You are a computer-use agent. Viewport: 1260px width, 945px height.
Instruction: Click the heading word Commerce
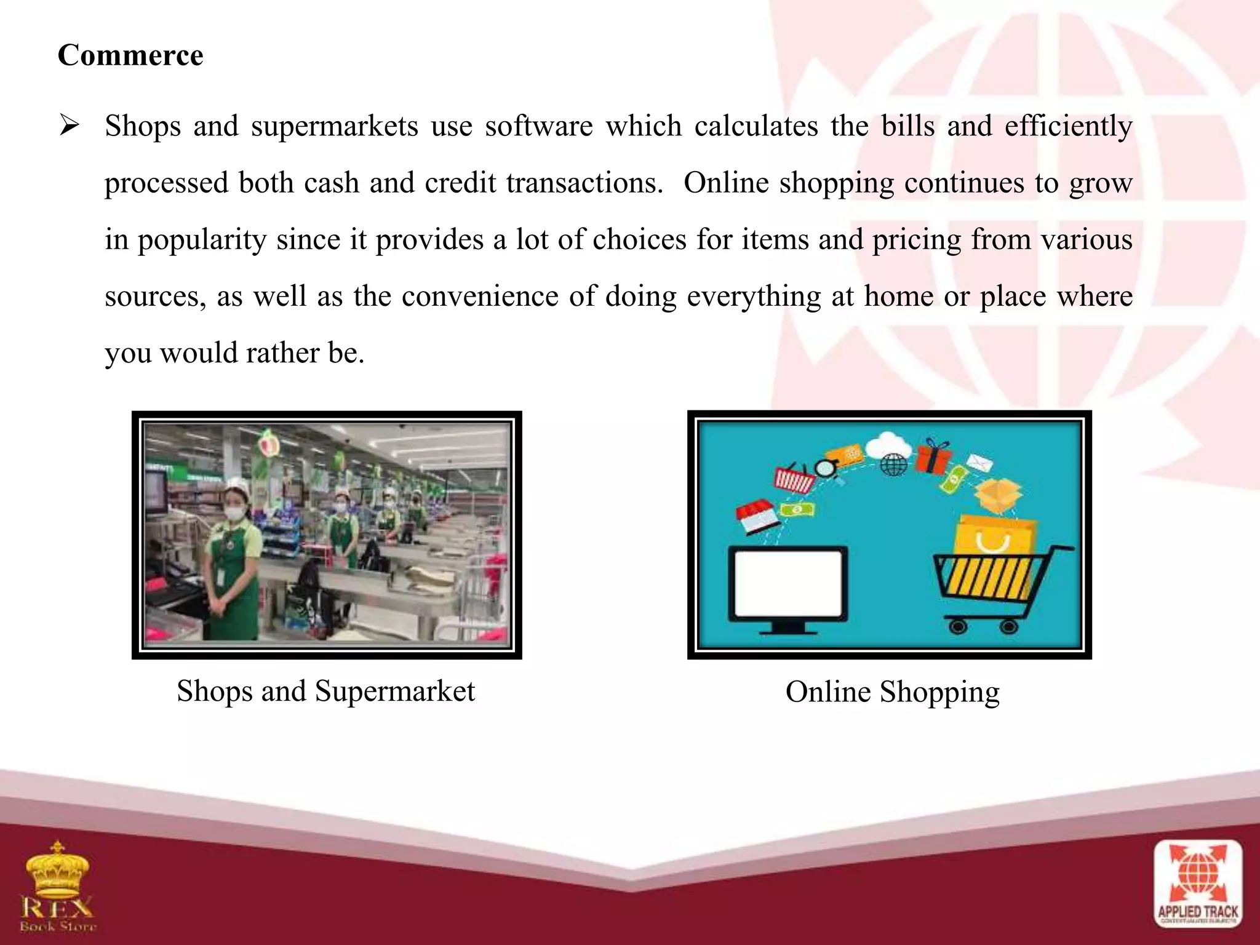pos(130,55)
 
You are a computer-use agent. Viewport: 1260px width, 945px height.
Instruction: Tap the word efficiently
pos(1068,126)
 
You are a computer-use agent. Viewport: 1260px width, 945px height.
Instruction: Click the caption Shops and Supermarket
pos(325,691)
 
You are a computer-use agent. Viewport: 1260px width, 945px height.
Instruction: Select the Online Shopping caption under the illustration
pos(892,692)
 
